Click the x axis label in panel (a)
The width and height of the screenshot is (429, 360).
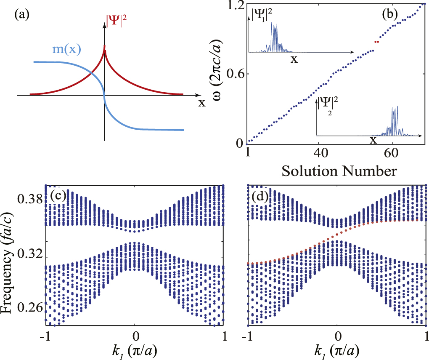click(x=202, y=102)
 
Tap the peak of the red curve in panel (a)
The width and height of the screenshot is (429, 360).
click(x=104, y=45)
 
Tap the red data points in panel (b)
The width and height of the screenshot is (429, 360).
click(x=376, y=42)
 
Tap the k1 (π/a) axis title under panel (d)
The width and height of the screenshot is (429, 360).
click(x=336, y=349)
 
